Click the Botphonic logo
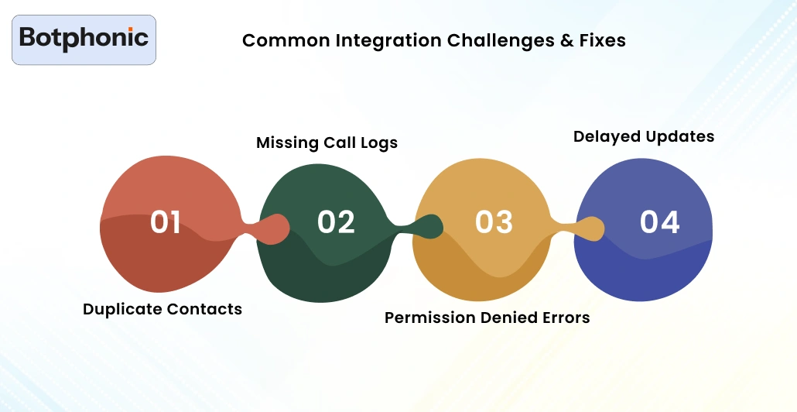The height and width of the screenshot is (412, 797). [x=84, y=39]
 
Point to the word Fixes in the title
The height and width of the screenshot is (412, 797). [x=603, y=40]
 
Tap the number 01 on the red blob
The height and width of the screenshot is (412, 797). [x=166, y=222]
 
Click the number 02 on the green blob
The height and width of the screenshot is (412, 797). [x=336, y=222]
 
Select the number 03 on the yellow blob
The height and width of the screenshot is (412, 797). [x=494, y=222]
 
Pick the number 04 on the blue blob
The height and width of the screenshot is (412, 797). [x=659, y=222]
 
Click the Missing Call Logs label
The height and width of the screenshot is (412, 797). [x=327, y=143]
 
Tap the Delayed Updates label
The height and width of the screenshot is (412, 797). [x=644, y=136]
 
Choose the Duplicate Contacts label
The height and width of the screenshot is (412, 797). [x=162, y=309]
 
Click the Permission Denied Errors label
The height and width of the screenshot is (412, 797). [x=487, y=318]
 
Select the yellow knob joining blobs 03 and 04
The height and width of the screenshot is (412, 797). [x=590, y=228]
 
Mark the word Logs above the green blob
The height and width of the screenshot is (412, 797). [x=379, y=143]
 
